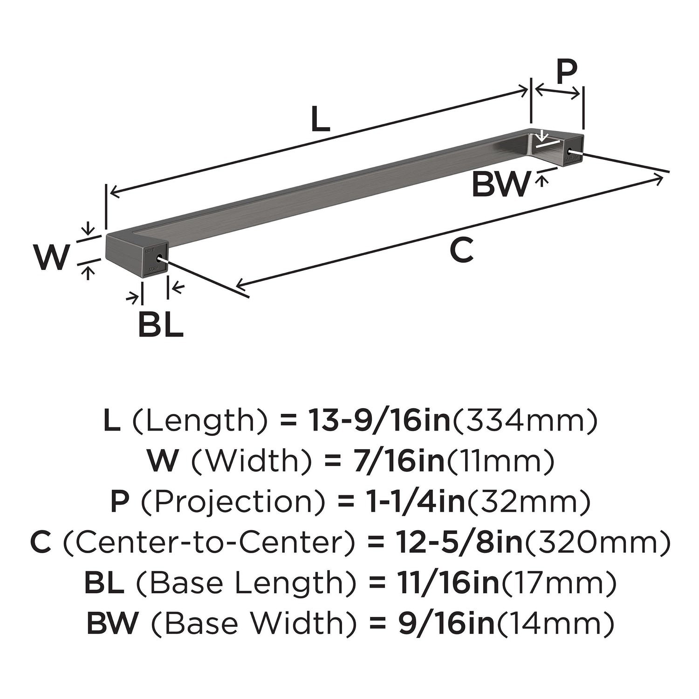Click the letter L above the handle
320,118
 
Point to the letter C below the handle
461,249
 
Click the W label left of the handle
52,257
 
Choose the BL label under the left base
160,325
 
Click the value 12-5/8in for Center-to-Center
460,542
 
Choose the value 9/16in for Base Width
446,624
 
